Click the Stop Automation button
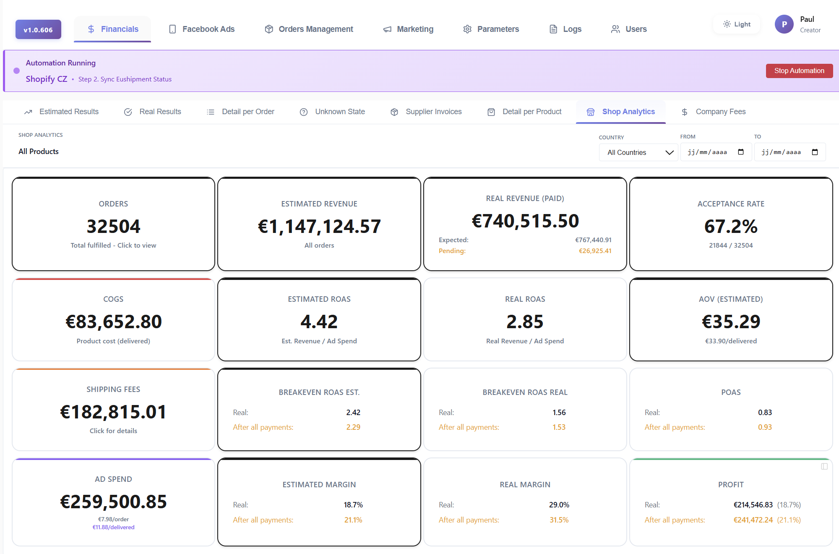tap(799, 71)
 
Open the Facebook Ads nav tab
tap(202, 29)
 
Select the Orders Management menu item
tap(309, 29)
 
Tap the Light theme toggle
tap(737, 24)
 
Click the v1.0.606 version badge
tap(38, 30)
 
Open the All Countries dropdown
tap(638, 152)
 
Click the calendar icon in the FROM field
tap(741, 152)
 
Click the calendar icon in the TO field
tap(815, 152)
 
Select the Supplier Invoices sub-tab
tap(426, 112)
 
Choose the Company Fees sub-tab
tap(714, 112)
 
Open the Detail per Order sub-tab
tap(240, 112)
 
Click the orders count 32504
tap(113, 227)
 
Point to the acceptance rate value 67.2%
tap(731, 227)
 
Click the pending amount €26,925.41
tap(595, 251)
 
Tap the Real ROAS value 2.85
tap(525, 322)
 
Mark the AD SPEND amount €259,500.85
tap(113, 502)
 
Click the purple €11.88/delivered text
tap(113, 528)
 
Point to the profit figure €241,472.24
tap(753, 520)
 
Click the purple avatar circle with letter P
tap(784, 24)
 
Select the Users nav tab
tap(629, 29)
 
